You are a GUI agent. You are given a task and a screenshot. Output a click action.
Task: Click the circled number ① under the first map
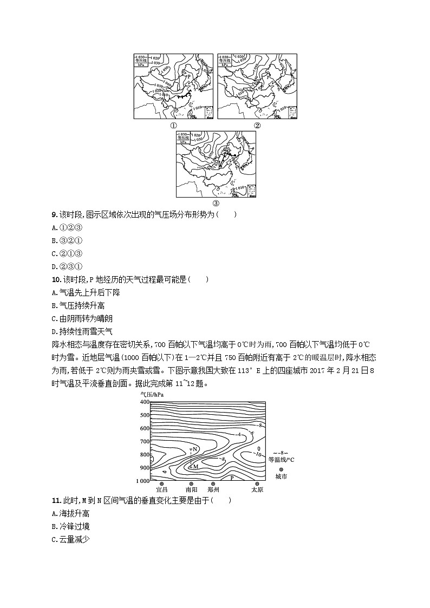(174, 125)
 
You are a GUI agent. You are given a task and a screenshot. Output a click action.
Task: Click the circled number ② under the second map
(257, 125)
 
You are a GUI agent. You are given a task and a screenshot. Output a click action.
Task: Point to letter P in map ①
(188, 77)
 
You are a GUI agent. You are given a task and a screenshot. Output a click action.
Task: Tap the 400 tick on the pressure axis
(145, 402)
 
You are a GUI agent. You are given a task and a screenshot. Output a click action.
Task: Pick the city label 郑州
(213, 489)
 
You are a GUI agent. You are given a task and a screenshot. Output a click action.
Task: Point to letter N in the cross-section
(195, 450)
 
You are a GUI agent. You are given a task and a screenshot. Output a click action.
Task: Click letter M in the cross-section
(196, 466)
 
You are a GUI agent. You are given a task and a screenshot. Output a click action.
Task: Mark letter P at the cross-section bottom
(231, 478)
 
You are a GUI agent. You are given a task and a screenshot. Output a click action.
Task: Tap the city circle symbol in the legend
(281, 469)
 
